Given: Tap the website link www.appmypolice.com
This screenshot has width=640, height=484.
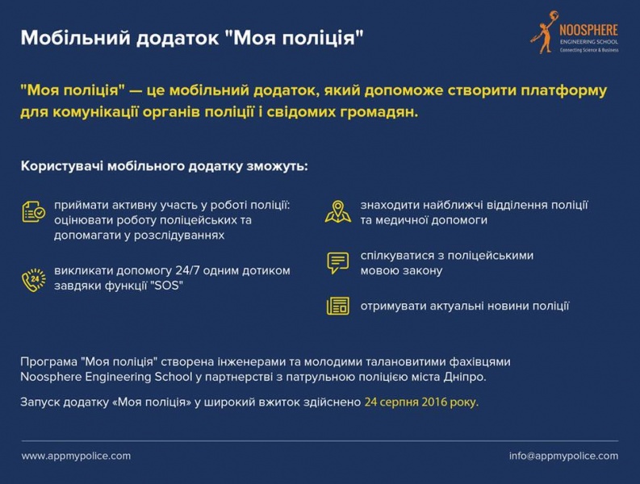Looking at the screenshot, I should (x=76, y=456).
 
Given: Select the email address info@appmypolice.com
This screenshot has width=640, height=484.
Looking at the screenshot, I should (x=563, y=456).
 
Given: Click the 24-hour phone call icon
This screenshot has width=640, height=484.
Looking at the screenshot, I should (x=33, y=279).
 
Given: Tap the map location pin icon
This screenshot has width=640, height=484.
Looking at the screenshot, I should (x=337, y=211).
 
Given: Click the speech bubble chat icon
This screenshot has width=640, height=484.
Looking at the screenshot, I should (x=337, y=262).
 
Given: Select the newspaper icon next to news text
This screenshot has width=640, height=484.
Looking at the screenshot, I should (x=337, y=306).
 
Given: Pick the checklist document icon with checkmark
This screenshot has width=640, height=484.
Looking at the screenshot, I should (x=33, y=211).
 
